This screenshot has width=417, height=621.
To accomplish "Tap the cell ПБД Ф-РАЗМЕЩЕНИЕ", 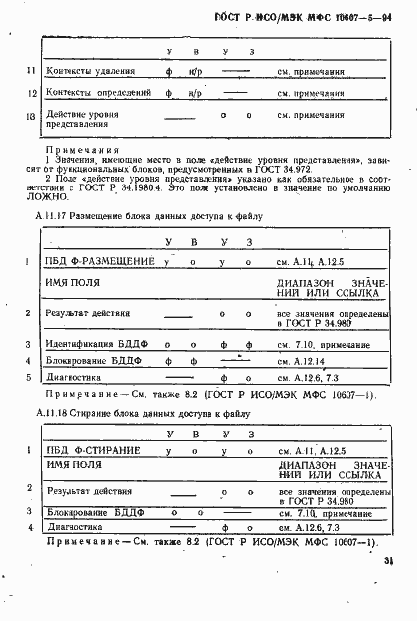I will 99,261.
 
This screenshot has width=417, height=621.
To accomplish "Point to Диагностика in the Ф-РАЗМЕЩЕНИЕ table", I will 72,378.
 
